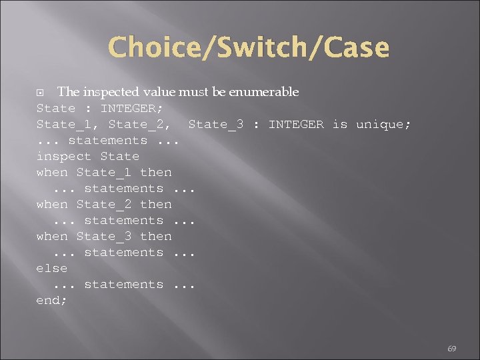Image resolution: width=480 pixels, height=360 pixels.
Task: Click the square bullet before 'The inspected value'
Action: (41, 92)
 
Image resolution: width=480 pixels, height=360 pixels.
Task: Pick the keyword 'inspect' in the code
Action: (64, 156)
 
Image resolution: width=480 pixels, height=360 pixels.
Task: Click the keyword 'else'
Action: (52, 268)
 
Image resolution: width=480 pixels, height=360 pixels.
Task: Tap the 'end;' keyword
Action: (52, 300)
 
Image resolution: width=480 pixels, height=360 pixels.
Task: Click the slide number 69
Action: (451, 348)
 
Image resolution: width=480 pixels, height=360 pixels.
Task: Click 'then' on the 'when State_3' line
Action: (156, 236)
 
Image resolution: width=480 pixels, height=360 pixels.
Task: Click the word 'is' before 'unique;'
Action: (340, 124)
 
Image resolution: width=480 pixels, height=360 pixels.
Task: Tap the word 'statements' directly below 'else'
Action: (124, 284)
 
